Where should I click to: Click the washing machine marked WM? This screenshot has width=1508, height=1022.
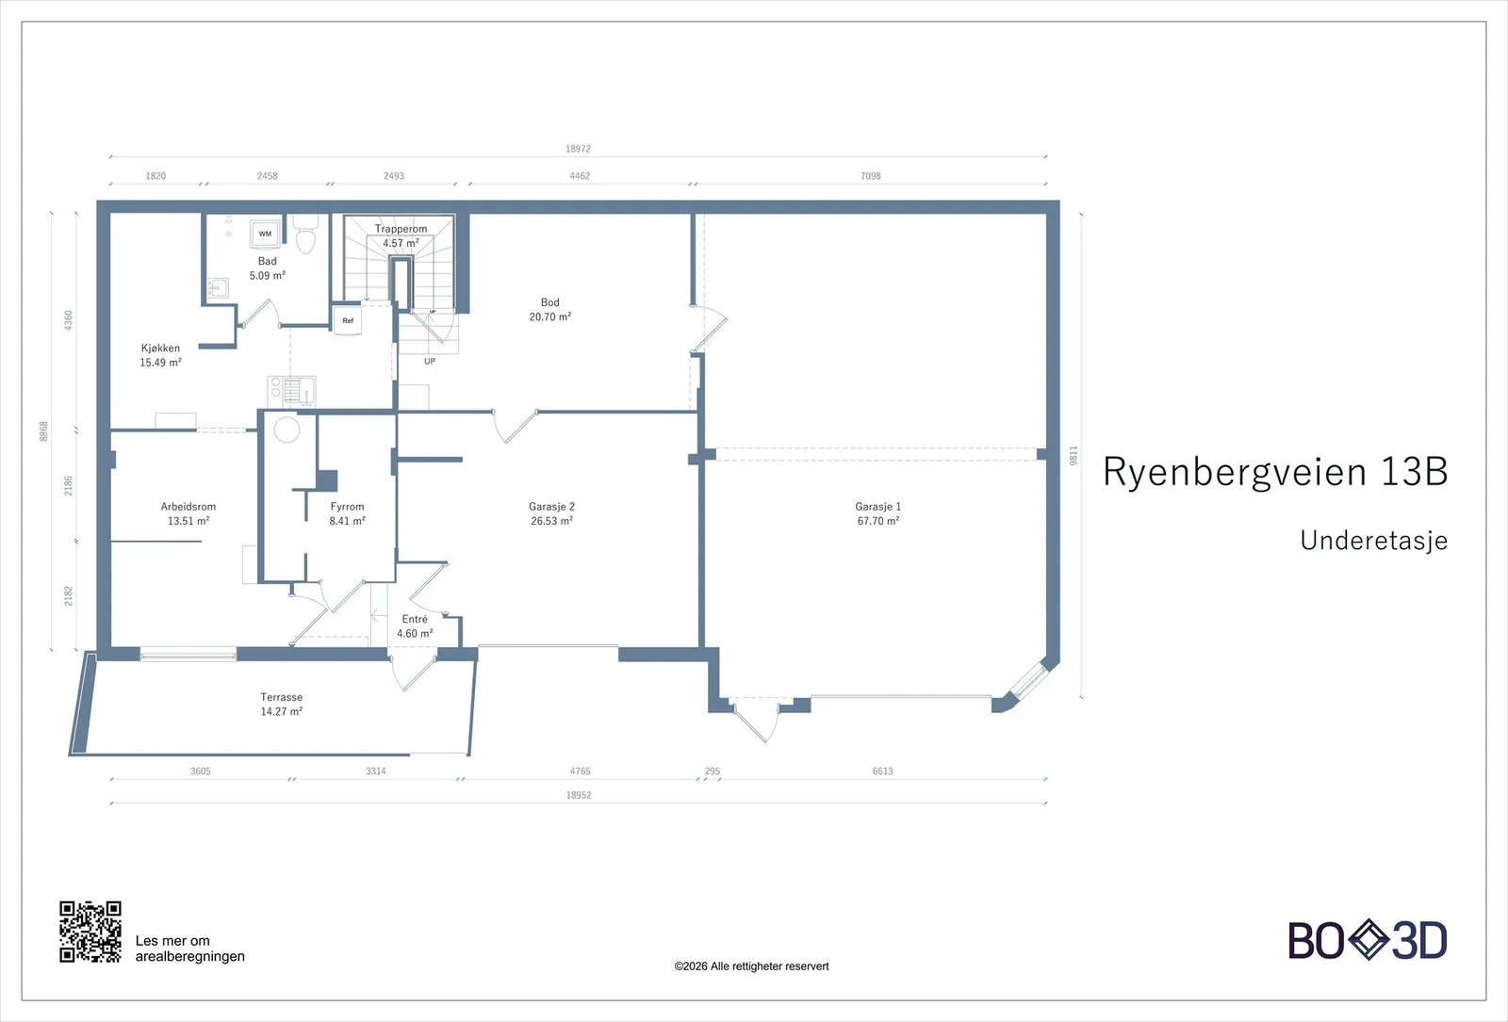coord(265,234)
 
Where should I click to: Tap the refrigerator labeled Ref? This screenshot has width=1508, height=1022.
coord(348,320)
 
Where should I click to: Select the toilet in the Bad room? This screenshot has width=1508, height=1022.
coord(305,235)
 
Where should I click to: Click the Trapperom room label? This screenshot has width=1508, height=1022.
coord(401,229)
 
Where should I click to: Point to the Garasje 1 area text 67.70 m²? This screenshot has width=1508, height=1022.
coord(877,521)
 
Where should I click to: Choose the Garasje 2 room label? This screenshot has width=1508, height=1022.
coord(551,507)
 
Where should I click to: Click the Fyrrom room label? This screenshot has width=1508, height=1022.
coord(347,507)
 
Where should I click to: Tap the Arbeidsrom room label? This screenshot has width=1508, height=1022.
coord(188,507)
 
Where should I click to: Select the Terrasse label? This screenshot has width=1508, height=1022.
coord(282,697)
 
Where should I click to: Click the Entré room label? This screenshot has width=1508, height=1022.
coord(415,619)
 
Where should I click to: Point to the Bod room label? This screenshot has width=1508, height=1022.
coord(550,302)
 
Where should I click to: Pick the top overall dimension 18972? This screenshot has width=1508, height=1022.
coord(578,149)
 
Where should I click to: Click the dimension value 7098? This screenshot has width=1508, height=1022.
coord(871,175)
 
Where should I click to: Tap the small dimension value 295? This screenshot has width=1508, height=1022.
coord(713,771)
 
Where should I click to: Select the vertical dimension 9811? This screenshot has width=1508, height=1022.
coord(1074,456)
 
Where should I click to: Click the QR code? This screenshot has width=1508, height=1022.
coord(90,932)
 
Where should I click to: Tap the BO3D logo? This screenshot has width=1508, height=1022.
coord(1368,940)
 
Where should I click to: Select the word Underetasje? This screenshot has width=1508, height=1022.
coord(1373,541)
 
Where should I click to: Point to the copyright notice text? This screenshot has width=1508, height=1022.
coord(751,966)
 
